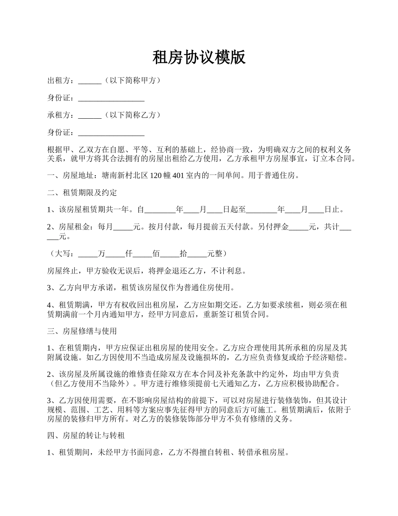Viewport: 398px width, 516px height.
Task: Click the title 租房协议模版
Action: (199, 58)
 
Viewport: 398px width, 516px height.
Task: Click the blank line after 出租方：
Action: (90, 81)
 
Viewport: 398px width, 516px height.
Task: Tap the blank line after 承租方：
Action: (90, 115)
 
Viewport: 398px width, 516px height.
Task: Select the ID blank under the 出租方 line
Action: (111, 99)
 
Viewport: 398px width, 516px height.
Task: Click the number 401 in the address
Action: (178, 176)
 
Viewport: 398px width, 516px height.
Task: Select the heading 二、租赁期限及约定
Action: (82, 193)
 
